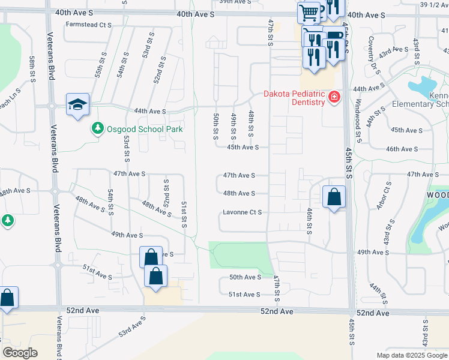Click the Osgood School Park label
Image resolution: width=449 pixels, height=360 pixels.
[x=144, y=128]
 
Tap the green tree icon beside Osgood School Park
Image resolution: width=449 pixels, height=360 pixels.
[x=97, y=128]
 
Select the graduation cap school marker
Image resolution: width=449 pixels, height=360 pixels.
[x=77, y=105]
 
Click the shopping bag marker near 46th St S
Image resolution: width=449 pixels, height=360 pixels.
[x=334, y=196]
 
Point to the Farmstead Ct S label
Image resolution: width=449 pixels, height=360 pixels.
[x=89, y=25]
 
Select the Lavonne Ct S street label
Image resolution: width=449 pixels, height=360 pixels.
[x=243, y=212]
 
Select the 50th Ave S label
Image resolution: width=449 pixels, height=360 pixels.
[x=245, y=277]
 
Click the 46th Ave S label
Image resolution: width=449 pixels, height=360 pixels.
[x=402, y=148]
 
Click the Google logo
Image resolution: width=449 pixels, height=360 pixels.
[x=20, y=353]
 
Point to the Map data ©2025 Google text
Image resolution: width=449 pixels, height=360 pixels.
[x=411, y=355]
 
